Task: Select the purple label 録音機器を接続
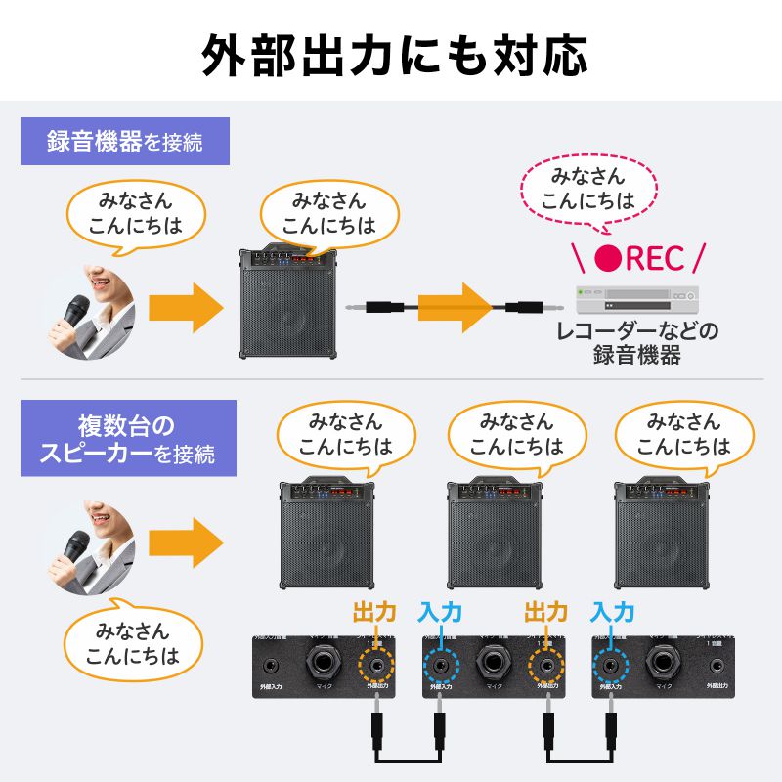point(125,141)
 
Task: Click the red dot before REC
point(609,258)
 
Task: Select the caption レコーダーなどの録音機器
point(636,342)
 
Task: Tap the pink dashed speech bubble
point(587,189)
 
